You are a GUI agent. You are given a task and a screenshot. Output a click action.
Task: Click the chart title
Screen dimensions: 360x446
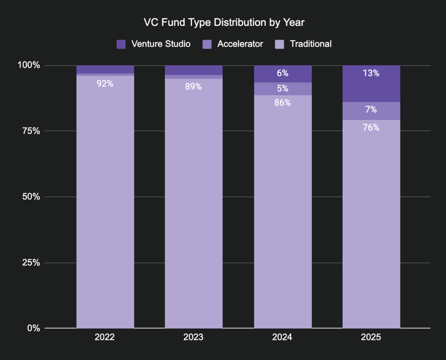coord(224,22)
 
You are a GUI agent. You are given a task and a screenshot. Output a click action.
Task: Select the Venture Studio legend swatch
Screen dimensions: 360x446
coord(121,44)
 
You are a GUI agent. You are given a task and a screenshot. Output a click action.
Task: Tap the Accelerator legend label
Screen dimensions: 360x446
coord(240,44)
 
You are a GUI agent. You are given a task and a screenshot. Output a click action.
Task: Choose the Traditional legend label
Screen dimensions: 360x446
coord(311,44)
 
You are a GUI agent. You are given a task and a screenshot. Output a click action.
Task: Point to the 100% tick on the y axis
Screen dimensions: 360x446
coord(29,65)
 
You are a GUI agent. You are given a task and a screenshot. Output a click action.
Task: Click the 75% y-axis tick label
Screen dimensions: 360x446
coord(30,131)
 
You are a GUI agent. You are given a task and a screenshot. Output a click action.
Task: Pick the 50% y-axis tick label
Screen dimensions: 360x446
coord(30,197)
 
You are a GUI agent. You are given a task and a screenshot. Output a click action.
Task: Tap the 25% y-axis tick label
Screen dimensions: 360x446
coord(30,262)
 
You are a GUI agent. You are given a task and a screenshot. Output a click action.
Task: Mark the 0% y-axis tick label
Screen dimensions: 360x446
coord(33,328)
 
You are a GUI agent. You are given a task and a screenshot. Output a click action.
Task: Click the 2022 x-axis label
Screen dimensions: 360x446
coord(105,337)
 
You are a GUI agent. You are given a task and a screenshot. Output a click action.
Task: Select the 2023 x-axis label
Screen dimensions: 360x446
coord(193,337)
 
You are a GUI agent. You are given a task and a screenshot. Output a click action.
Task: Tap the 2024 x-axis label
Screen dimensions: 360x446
coord(282,337)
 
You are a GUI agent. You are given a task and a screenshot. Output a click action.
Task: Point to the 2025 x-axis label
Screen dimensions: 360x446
coord(371,337)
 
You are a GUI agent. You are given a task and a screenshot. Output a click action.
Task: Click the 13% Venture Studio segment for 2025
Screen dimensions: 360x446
coord(371,83)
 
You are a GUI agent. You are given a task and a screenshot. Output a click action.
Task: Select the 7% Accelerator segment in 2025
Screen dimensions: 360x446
coord(371,111)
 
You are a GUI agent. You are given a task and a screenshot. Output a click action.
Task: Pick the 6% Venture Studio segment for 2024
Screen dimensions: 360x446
coord(282,74)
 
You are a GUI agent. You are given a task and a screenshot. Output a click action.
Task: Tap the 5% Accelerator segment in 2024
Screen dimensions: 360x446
coord(282,89)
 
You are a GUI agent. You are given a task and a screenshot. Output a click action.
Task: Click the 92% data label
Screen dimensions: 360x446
coord(105,83)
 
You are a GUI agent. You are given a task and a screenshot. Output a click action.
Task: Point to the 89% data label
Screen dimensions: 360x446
coord(193,87)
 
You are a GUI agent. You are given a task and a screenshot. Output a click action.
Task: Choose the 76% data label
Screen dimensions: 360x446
coord(371,127)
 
